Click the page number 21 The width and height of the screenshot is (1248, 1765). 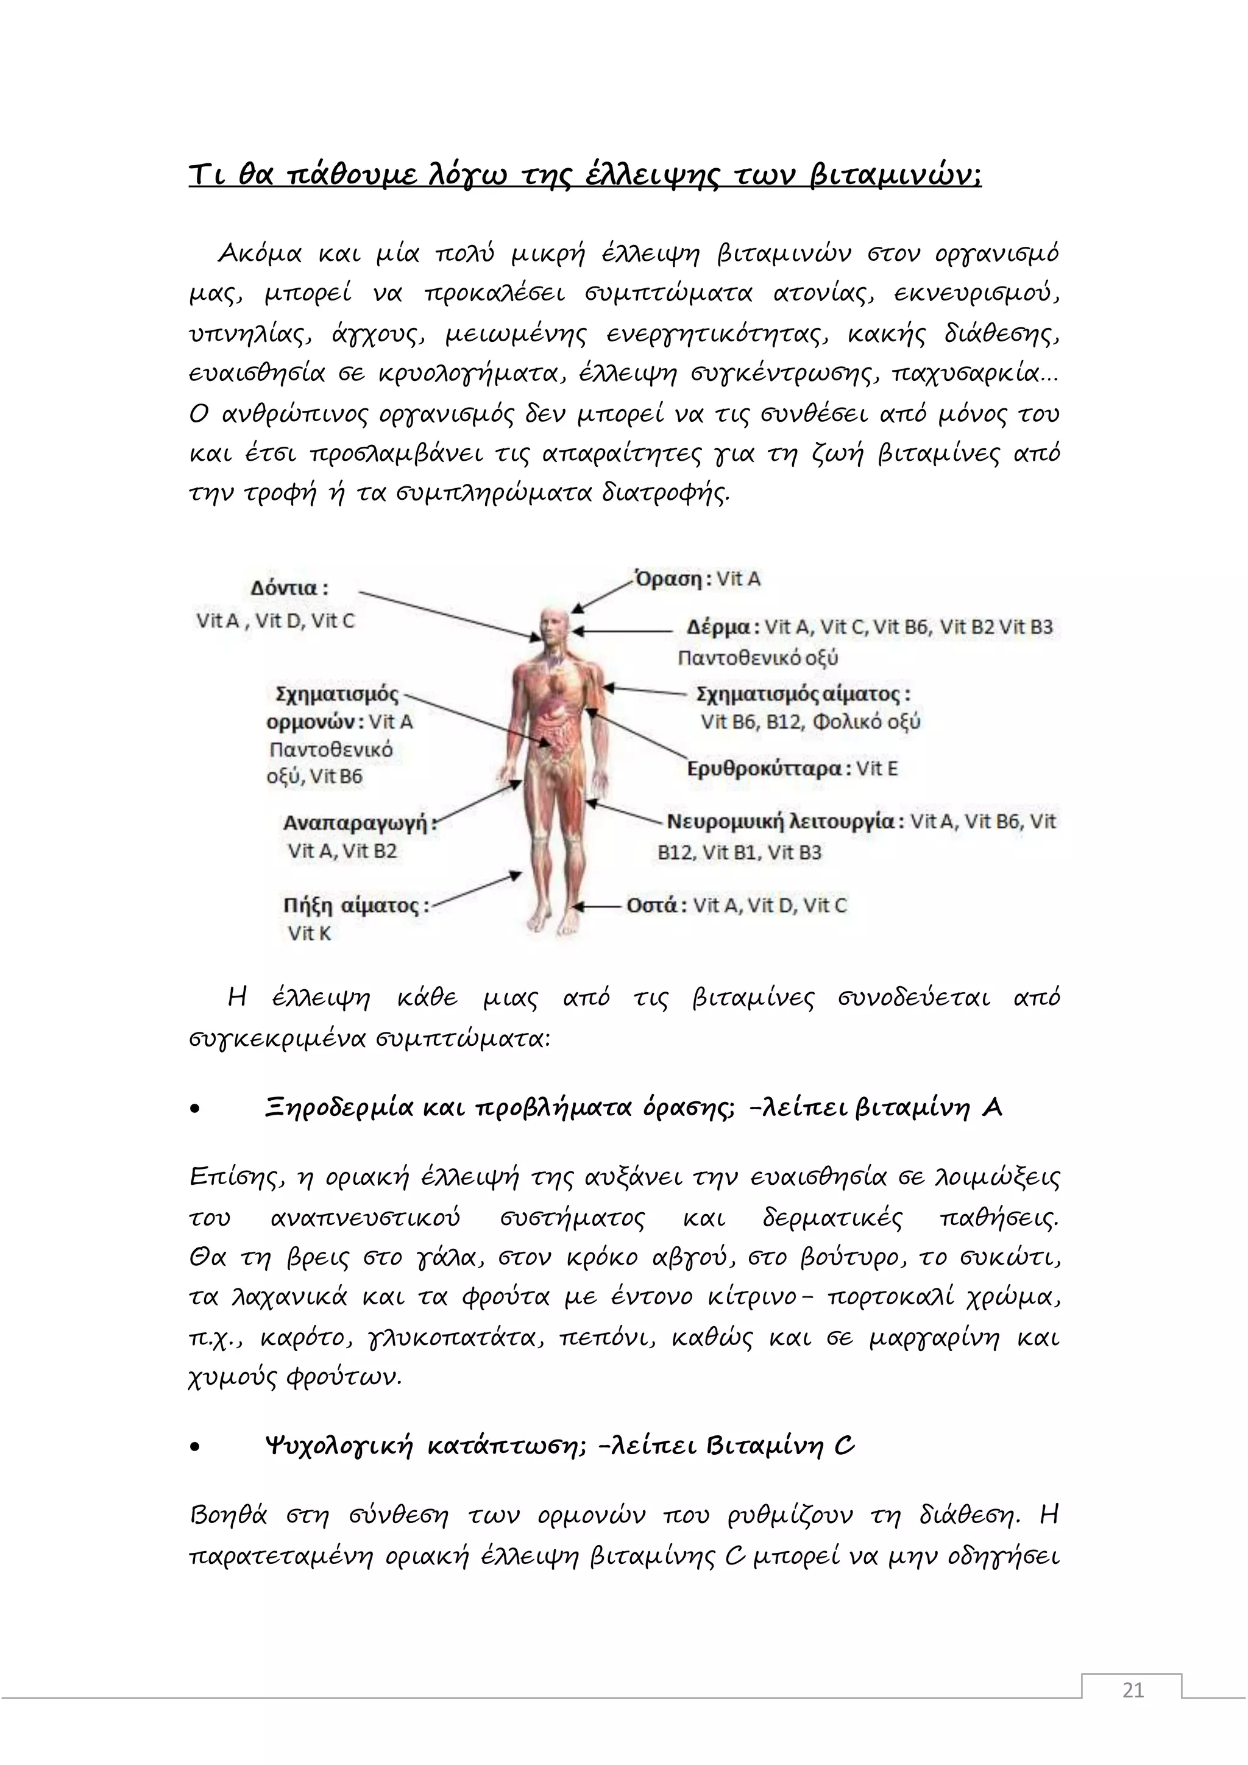point(1133,1711)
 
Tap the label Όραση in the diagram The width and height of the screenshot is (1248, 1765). point(669,579)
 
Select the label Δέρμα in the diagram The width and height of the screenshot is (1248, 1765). point(718,627)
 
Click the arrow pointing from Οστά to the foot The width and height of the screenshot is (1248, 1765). point(598,906)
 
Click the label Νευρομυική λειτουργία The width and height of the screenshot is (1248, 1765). point(779,822)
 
